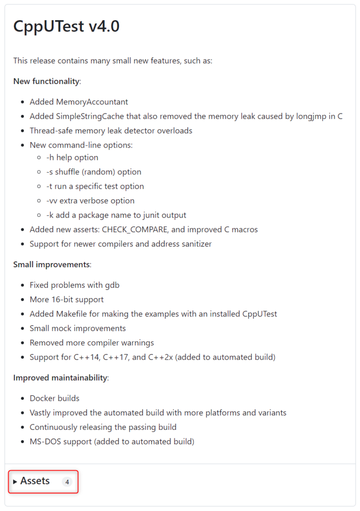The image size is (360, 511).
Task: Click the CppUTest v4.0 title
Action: (x=66, y=27)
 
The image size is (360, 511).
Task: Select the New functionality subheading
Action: (x=46, y=81)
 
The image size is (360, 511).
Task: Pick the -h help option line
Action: (x=72, y=158)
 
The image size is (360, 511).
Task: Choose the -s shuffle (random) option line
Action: (x=94, y=172)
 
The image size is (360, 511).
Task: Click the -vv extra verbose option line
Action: (x=90, y=201)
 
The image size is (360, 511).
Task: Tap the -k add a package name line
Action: (x=116, y=215)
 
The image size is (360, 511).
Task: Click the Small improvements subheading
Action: (x=51, y=264)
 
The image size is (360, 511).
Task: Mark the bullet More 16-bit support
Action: (x=67, y=300)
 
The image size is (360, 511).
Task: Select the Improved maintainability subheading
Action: (x=60, y=378)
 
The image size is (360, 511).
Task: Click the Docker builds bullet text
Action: (x=54, y=398)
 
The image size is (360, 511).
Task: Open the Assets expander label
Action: (x=35, y=481)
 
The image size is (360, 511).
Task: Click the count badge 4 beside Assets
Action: (x=67, y=482)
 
